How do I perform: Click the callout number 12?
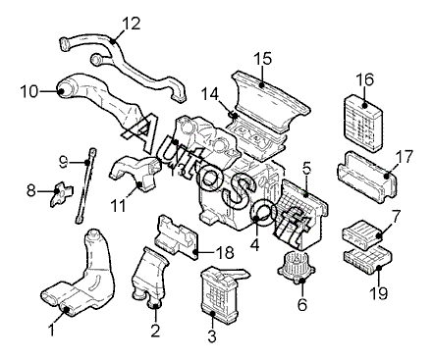point(132,24)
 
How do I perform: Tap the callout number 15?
point(263,58)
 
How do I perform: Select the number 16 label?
point(364,79)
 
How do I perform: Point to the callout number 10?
point(29,91)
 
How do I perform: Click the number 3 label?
point(212,336)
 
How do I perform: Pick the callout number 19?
point(379,293)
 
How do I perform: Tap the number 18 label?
point(225,252)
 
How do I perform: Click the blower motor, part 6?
point(297,267)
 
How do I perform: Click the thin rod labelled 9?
point(85,185)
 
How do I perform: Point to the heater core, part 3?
point(220,292)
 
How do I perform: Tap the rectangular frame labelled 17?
point(367,176)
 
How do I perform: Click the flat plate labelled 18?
point(177,236)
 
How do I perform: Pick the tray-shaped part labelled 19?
point(367,260)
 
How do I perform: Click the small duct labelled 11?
point(135,173)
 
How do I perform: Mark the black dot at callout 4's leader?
point(256,218)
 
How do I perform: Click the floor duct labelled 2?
point(149,278)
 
